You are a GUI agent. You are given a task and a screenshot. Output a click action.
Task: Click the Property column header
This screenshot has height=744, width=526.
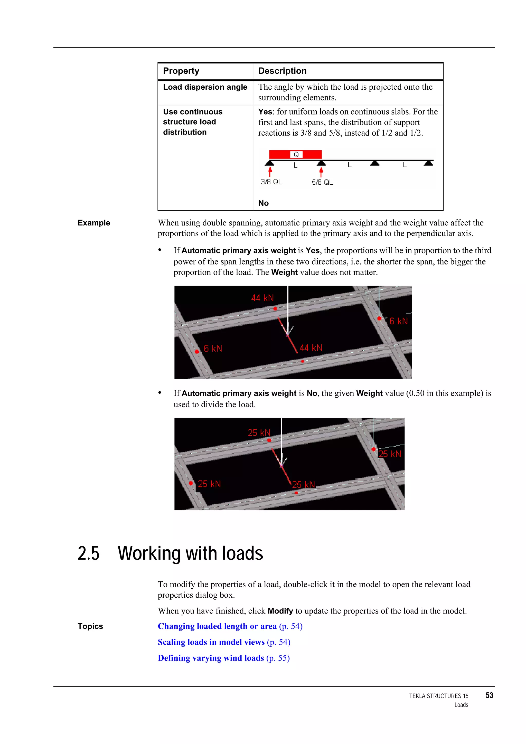(x=181, y=71)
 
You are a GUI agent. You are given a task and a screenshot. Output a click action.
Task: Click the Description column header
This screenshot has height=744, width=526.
(x=282, y=71)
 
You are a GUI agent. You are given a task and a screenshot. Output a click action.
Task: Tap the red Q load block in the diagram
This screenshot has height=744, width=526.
(x=295, y=155)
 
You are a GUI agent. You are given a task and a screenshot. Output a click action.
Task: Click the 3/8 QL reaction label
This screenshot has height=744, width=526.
(x=271, y=182)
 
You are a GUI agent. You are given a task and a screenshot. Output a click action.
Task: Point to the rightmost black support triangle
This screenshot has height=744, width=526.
(x=428, y=163)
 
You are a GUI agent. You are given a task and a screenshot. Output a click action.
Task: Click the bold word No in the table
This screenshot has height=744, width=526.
(x=263, y=203)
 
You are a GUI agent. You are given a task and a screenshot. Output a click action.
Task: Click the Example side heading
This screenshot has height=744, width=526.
(x=94, y=223)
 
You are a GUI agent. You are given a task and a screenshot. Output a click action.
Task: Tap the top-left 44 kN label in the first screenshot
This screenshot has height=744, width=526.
(x=262, y=298)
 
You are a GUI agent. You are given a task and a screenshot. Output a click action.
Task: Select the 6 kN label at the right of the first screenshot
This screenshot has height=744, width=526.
(x=398, y=321)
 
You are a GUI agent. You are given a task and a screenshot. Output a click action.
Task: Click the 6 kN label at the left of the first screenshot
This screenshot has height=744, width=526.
(x=213, y=348)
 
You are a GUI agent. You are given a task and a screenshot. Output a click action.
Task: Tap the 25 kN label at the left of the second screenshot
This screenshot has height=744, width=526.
(x=209, y=484)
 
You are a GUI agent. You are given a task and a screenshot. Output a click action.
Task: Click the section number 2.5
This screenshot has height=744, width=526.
(x=88, y=553)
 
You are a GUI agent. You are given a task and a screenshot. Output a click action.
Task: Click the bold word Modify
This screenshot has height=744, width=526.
(x=280, y=611)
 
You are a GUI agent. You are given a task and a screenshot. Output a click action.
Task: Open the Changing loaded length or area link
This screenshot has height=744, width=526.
(x=217, y=626)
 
